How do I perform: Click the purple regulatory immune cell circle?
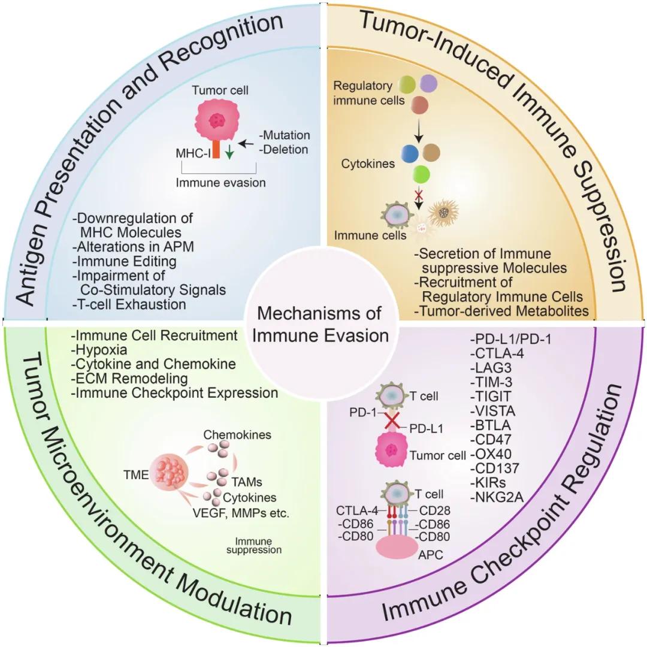428,84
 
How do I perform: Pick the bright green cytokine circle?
421,174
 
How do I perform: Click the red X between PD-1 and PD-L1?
392,421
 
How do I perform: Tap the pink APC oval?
397,548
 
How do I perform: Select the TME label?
136,475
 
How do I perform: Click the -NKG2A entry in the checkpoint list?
497,497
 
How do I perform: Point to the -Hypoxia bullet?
99,350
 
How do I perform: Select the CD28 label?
434,510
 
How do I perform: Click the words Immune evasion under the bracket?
220,182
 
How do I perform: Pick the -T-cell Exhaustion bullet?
129,304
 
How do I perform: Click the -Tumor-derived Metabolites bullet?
501,311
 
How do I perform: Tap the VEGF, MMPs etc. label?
241,513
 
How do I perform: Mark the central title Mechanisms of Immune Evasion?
321,324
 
